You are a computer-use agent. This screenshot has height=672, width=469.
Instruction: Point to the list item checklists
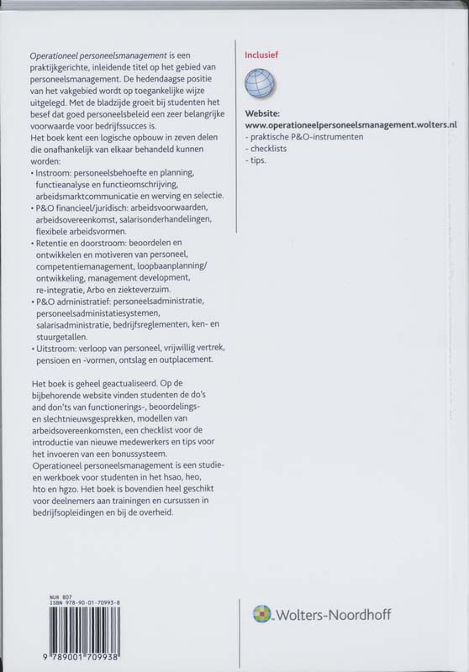[x=268, y=147]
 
